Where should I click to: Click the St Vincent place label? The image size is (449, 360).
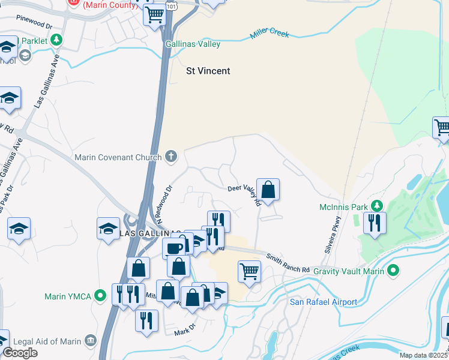click(208, 71)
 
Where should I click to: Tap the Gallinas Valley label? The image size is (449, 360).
click(193, 44)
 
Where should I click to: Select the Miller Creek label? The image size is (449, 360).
click(270, 34)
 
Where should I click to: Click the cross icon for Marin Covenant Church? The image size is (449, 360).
click(171, 157)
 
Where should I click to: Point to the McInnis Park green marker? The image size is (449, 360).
click(377, 206)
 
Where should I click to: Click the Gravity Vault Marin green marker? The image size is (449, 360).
click(394, 271)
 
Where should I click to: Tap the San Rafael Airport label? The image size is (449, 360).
click(324, 302)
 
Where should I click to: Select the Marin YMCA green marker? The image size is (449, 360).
click(101, 296)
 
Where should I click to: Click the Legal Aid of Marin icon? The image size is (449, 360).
click(91, 341)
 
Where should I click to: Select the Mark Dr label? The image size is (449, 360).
click(185, 329)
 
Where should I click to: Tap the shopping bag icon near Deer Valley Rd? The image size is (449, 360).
click(268, 189)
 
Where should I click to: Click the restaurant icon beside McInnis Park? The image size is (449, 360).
click(375, 223)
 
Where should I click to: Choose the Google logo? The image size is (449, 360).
click(20, 353)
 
